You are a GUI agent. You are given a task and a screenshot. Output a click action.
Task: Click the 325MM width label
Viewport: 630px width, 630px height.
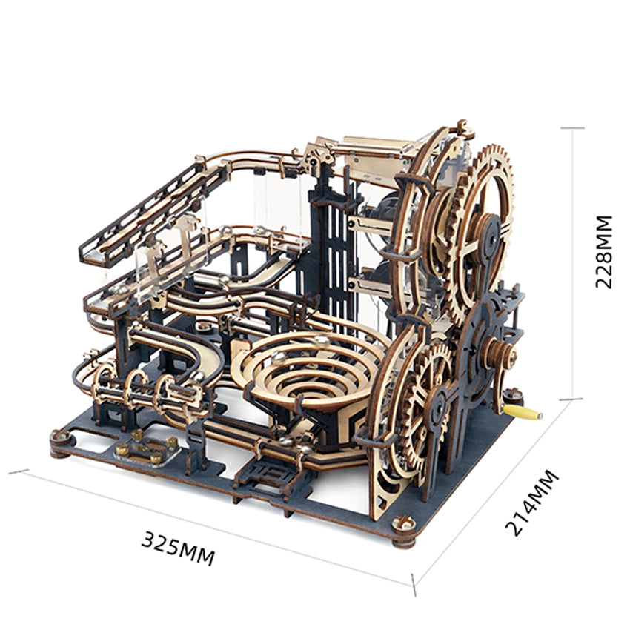click(179, 548)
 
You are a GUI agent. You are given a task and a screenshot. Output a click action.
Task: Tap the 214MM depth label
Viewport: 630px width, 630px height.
click(531, 503)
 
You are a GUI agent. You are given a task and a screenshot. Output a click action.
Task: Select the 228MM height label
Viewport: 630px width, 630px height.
click(603, 252)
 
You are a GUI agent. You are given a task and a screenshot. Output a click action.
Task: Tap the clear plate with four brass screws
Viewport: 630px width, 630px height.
click(146, 449)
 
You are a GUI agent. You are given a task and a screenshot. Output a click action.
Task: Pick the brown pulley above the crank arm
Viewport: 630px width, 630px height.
click(500, 354)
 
